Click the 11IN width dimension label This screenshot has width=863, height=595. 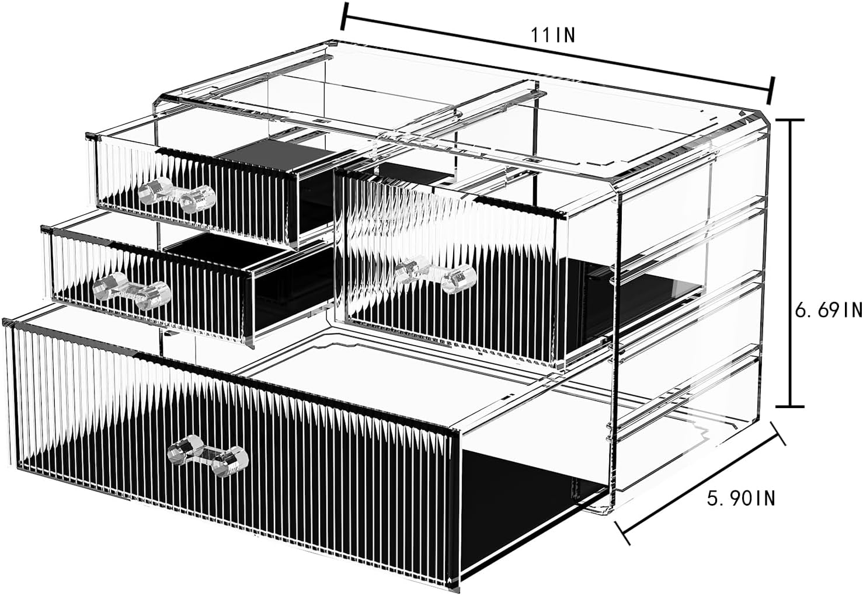point(552,35)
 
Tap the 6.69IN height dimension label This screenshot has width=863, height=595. point(829,309)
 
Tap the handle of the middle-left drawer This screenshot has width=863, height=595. point(132,289)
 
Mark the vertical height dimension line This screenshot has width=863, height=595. point(791,263)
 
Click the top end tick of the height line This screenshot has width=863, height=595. point(791,120)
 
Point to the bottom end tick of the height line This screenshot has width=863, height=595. point(791,406)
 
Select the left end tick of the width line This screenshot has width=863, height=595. point(344,17)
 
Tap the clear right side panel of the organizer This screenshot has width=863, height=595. point(689,263)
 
